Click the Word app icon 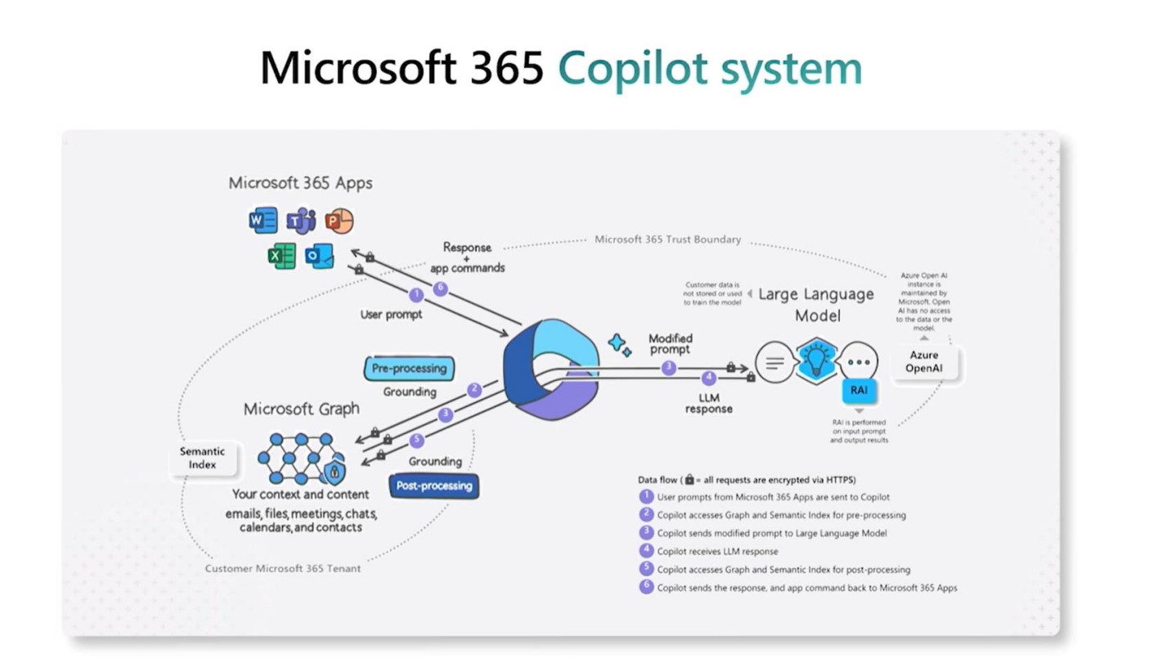coord(263,221)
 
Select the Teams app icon coord(301,221)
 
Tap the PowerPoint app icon coord(339,221)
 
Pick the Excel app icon coord(281,257)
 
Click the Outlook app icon coord(319,257)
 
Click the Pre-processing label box coord(409,368)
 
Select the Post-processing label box coord(433,486)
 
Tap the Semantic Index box coord(203,458)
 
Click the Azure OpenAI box coord(923,362)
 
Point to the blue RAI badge coord(859,391)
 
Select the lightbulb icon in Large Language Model coord(816,360)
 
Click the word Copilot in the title coord(625,68)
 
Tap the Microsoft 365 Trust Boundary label coord(667,239)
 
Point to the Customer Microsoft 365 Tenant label coord(282,568)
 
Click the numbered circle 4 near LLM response coord(709,378)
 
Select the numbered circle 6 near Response coord(441,289)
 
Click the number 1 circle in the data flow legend coord(646,496)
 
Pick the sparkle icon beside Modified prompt coord(619,345)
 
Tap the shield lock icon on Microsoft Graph coord(334,472)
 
